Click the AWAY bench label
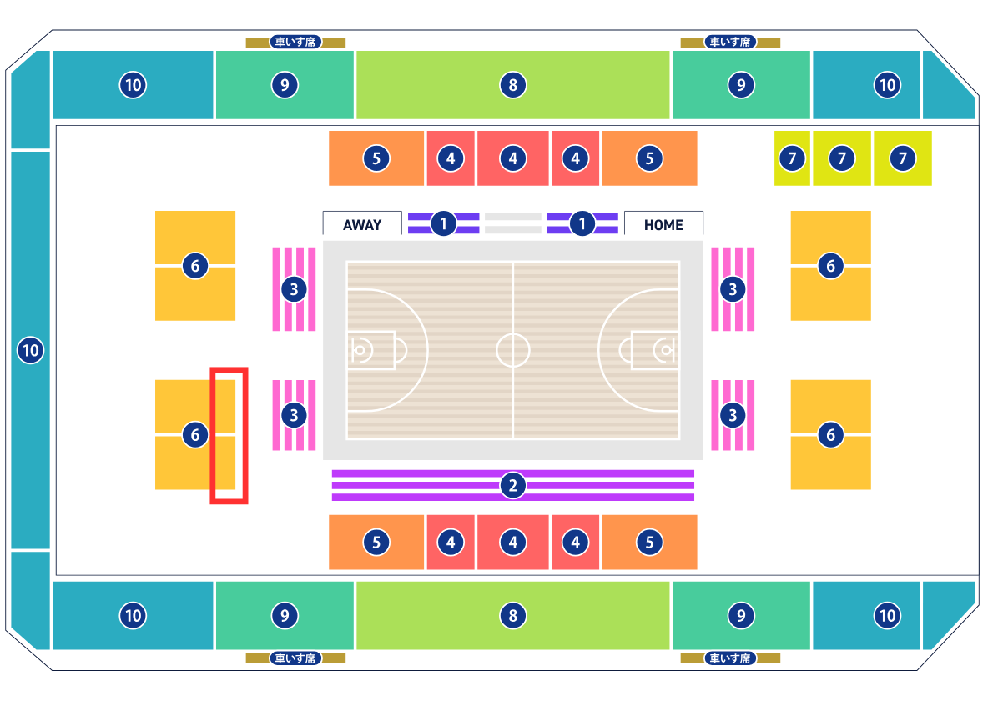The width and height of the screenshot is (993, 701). click(362, 224)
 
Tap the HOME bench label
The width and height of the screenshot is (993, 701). click(663, 224)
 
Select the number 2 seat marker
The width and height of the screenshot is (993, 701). click(513, 485)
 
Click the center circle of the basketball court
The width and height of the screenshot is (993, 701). click(513, 350)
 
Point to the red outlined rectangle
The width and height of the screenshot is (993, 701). click(229, 435)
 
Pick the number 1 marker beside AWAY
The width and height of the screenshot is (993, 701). click(444, 223)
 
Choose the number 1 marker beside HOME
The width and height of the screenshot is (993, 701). click(582, 223)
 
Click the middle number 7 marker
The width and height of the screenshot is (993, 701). click(842, 158)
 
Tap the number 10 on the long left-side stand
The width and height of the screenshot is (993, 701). click(30, 350)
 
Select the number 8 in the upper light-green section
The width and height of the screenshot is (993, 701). click(513, 84)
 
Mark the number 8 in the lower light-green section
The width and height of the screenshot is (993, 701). click(513, 616)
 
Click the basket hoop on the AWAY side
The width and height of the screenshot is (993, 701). click(360, 350)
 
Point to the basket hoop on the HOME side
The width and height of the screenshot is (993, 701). click(666, 350)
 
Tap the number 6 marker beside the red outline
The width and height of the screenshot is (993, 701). click(195, 434)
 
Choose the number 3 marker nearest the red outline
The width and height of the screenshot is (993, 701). click(294, 415)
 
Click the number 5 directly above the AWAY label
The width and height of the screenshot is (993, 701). click(376, 158)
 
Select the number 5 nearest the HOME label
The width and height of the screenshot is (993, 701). click(649, 158)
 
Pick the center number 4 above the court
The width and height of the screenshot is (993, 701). click(513, 158)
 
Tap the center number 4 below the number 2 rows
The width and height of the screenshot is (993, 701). click(513, 543)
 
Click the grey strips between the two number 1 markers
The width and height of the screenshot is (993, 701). click(513, 223)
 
